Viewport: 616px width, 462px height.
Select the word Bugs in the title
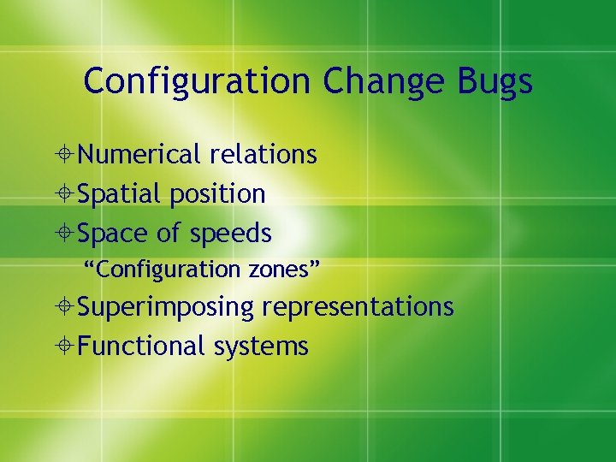[x=496, y=81]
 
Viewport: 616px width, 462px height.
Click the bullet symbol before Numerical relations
[x=66, y=156]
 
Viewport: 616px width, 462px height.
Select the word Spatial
[x=120, y=194]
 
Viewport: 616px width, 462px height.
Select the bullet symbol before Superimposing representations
[x=66, y=307]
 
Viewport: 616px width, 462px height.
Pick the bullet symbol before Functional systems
[x=66, y=346]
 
